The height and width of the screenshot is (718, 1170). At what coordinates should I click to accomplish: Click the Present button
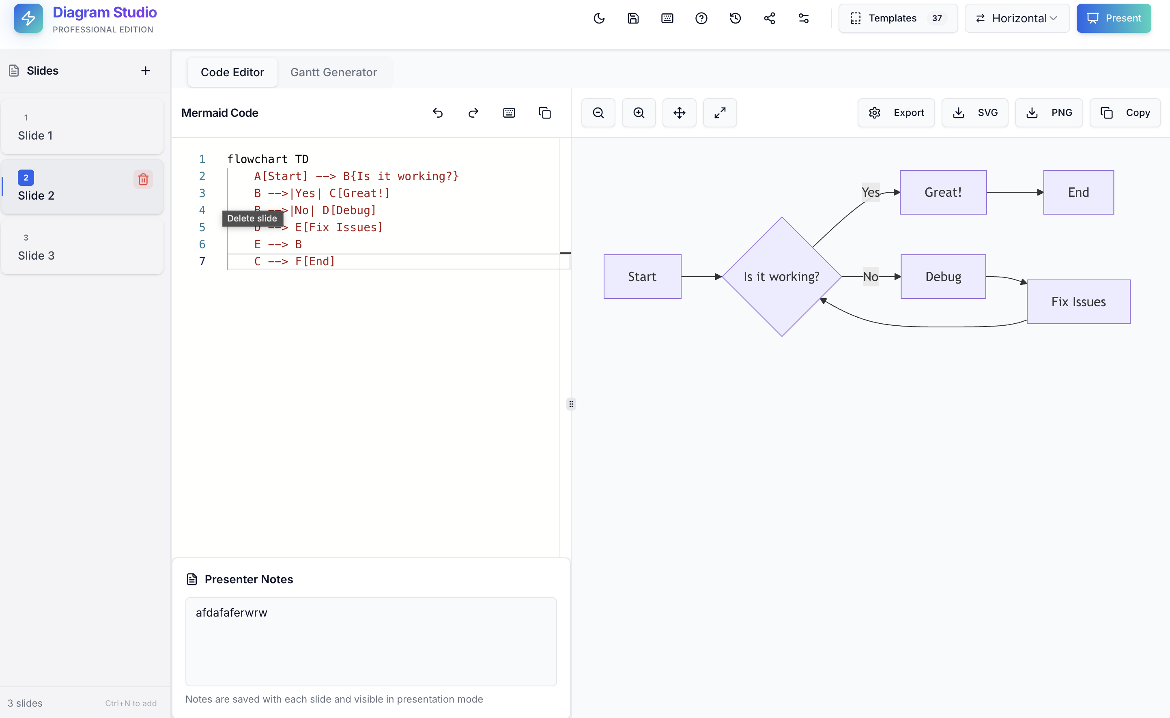(x=1113, y=18)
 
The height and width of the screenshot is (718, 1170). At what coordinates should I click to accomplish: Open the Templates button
(x=897, y=18)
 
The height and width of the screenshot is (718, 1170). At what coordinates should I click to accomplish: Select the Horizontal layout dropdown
(x=1017, y=18)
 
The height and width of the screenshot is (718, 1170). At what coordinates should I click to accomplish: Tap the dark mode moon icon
(x=599, y=18)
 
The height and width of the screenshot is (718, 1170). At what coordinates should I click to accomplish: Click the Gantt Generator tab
(x=333, y=72)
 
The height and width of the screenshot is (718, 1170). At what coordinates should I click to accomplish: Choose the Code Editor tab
(x=232, y=72)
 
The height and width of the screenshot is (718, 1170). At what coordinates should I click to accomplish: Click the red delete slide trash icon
(x=143, y=179)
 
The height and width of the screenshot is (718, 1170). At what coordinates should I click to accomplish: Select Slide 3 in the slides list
(x=82, y=247)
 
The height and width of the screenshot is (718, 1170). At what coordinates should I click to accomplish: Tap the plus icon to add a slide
(x=145, y=71)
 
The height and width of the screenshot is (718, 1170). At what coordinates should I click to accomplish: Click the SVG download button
(x=975, y=112)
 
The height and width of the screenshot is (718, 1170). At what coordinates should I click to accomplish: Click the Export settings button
(x=896, y=112)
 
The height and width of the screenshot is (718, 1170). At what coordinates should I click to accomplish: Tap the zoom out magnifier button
(x=598, y=112)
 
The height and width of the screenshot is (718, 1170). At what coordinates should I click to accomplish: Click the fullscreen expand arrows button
(x=720, y=112)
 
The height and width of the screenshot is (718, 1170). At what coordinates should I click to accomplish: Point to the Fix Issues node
(x=1078, y=301)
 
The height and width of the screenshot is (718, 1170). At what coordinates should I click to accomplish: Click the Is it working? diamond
(x=782, y=276)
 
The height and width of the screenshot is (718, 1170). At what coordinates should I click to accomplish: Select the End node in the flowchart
(x=1078, y=192)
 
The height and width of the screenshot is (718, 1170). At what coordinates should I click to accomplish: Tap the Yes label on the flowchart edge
(x=870, y=192)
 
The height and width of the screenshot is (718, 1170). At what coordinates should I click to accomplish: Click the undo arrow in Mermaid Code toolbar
(x=438, y=112)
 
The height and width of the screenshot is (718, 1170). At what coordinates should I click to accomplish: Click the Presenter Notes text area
(x=371, y=641)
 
